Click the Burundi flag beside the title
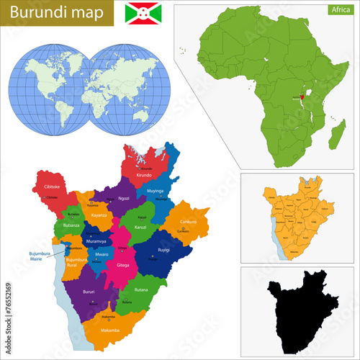(x=143, y=13)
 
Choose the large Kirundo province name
(x=144, y=175)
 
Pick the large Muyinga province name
(x=155, y=191)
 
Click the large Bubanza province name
(x=71, y=225)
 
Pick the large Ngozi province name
(x=125, y=198)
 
